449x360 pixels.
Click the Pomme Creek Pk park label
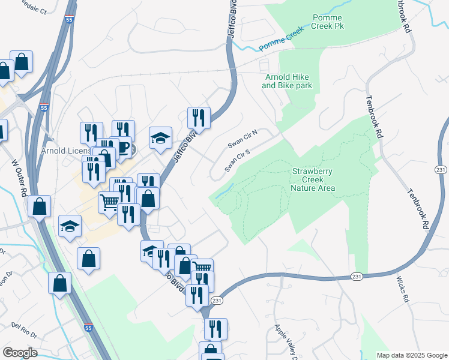click(x=327, y=23)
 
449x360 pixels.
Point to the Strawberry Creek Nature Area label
click(x=313, y=179)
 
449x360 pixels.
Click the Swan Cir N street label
click(x=243, y=139)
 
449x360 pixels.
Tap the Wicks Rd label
click(x=402, y=289)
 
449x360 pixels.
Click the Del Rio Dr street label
click(x=24, y=329)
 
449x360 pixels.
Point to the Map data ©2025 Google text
click(x=411, y=355)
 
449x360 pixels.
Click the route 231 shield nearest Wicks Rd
click(x=357, y=277)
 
